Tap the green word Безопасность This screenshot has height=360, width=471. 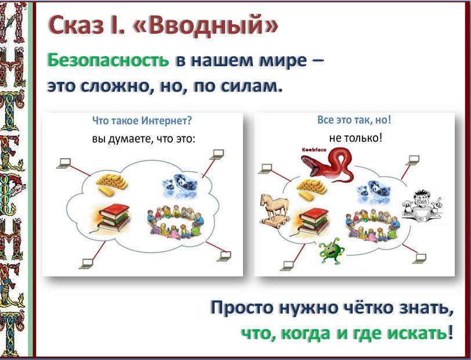[108, 60]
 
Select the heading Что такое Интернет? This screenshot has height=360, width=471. [142, 121]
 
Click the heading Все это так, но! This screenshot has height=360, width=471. [354, 120]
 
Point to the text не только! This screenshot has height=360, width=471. [356, 138]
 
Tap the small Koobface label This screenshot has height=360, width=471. [314, 149]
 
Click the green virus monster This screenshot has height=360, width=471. [331, 251]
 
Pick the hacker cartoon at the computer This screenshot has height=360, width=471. [422, 205]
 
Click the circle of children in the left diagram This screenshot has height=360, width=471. [176, 222]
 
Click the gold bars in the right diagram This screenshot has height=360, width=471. [311, 189]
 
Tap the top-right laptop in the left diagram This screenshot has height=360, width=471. [217, 154]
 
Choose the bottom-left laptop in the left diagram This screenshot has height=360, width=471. [86, 264]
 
